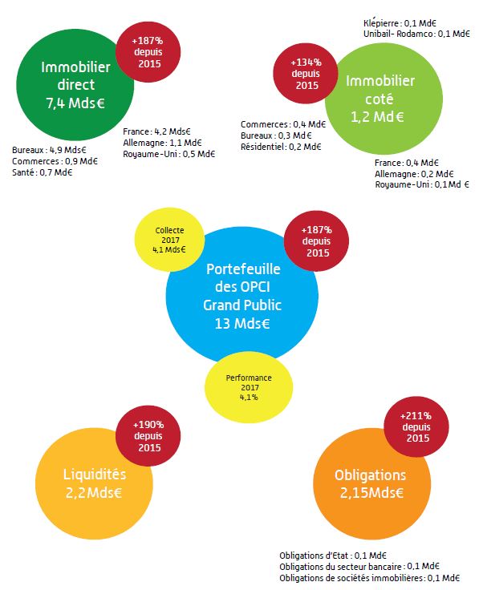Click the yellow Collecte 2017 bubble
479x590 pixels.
[x=169, y=240]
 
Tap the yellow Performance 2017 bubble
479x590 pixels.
[x=249, y=387]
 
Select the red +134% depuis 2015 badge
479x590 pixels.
[x=306, y=74]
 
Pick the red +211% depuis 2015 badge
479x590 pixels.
[x=416, y=426]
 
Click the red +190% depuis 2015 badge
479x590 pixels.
[x=148, y=436]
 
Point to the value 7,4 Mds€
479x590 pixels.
[x=75, y=103]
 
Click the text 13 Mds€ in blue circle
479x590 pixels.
[x=242, y=323]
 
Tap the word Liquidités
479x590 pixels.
[x=95, y=474]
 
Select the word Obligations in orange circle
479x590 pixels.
[x=370, y=475]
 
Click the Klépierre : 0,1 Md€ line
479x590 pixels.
[x=400, y=23]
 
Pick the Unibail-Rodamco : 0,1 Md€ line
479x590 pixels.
[x=416, y=34]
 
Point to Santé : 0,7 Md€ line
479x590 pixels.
[x=43, y=172]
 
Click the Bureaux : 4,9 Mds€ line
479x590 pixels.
[x=49, y=150]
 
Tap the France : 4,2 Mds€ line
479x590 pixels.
[x=156, y=131]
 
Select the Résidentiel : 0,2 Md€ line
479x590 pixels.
[x=281, y=147]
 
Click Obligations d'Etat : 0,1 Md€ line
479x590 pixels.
[x=333, y=556]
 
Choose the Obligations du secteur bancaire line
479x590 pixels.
[x=359, y=566]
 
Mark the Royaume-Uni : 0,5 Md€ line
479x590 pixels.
[x=169, y=154]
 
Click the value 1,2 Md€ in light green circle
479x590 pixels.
[x=377, y=117]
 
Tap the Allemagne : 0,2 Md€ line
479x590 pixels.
[x=414, y=174]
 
